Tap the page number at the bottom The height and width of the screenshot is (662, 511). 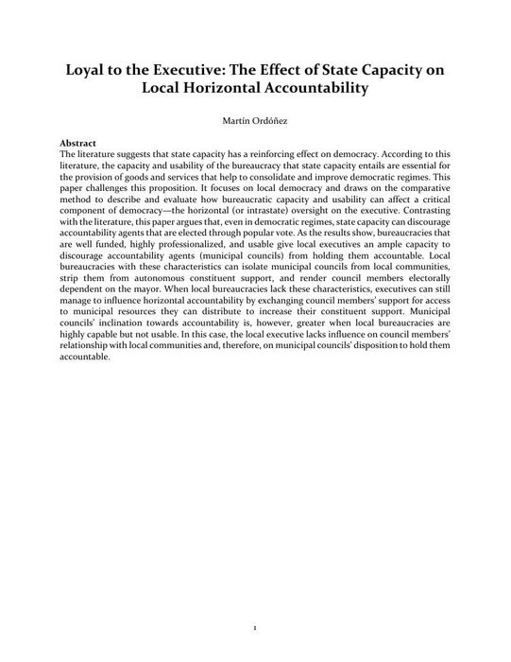coord(255,626)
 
